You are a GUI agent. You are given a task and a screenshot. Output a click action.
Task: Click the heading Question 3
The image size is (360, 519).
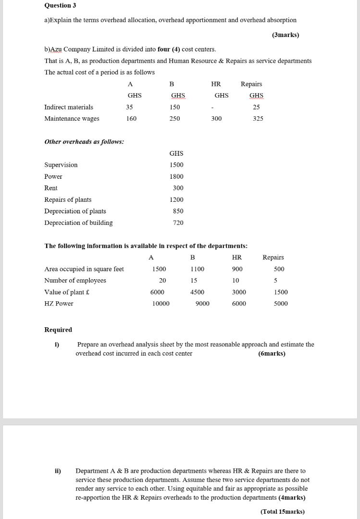pyautogui.click(x=60, y=5)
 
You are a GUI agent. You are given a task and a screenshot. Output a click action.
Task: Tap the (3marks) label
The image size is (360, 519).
pyautogui.click(x=285, y=35)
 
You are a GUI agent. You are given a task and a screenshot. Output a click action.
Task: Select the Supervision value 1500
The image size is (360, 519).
pyautogui.click(x=176, y=165)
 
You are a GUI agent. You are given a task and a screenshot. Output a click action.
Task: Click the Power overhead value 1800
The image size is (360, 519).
pyautogui.click(x=176, y=176)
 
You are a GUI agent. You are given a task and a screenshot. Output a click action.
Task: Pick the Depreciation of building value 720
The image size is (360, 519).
pyautogui.click(x=178, y=222)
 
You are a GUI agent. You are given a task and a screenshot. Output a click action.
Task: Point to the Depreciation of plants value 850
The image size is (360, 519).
pyautogui.click(x=178, y=211)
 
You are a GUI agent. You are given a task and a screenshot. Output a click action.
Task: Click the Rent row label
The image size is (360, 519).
pyautogui.click(x=50, y=188)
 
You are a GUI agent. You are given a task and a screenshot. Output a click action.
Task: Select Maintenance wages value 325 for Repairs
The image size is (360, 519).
pyautogui.click(x=258, y=118)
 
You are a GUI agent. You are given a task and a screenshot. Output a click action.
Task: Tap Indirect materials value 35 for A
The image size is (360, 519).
pyautogui.click(x=130, y=107)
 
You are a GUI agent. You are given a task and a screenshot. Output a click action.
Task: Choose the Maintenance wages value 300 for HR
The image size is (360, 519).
pyautogui.click(x=216, y=118)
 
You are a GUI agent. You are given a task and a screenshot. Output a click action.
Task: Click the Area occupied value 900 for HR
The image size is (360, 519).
pyautogui.click(x=237, y=269)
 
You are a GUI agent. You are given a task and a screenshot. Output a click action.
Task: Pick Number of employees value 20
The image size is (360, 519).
pyautogui.click(x=162, y=281)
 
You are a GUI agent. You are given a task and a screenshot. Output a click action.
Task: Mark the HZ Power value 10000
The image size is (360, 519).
pyautogui.click(x=161, y=304)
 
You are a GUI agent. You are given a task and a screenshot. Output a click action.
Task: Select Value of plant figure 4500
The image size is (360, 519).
pyautogui.click(x=197, y=292)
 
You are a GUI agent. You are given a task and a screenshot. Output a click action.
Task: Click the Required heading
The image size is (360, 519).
pyautogui.click(x=58, y=330)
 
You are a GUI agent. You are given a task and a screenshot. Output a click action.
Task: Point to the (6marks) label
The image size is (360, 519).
pyautogui.click(x=272, y=354)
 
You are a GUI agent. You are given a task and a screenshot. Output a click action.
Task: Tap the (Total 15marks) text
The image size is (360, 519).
pyautogui.click(x=282, y=511)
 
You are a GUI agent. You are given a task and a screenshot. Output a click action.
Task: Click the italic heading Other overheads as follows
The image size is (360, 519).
pyautogui.click(x=84, y=142)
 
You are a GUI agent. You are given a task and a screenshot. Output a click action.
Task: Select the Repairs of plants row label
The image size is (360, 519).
pyautogui.click(x=68, y=199)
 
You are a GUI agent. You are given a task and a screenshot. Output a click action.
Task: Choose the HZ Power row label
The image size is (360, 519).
pyautogui.click(x=59, y=304)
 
